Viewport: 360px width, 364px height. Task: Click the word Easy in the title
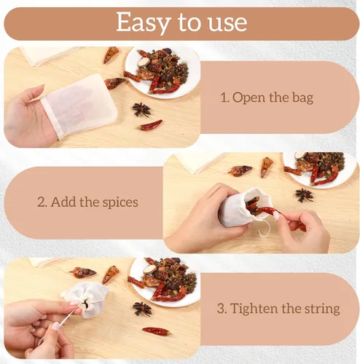click(142, 23)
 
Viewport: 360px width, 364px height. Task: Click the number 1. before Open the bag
click(225, 98)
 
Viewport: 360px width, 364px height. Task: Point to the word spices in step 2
click(120, 203)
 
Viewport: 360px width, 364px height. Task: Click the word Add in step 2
click(63, 202)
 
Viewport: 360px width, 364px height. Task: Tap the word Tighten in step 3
click(254, 309)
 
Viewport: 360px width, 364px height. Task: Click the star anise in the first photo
click(141, 109)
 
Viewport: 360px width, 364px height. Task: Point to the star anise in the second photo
click(304, 195)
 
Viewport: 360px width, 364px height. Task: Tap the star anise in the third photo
click(142, 309)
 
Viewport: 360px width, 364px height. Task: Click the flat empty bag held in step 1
click(79, 104)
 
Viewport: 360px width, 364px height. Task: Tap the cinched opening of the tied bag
click(85, 304)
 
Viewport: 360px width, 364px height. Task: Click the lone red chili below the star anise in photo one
click(151, 125)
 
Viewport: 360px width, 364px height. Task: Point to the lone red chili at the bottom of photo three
click(156, 331)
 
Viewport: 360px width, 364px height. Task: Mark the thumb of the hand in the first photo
click(34, 95)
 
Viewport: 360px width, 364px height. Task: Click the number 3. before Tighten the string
click(222, 309)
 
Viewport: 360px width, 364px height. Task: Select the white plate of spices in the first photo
click(163, 72)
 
